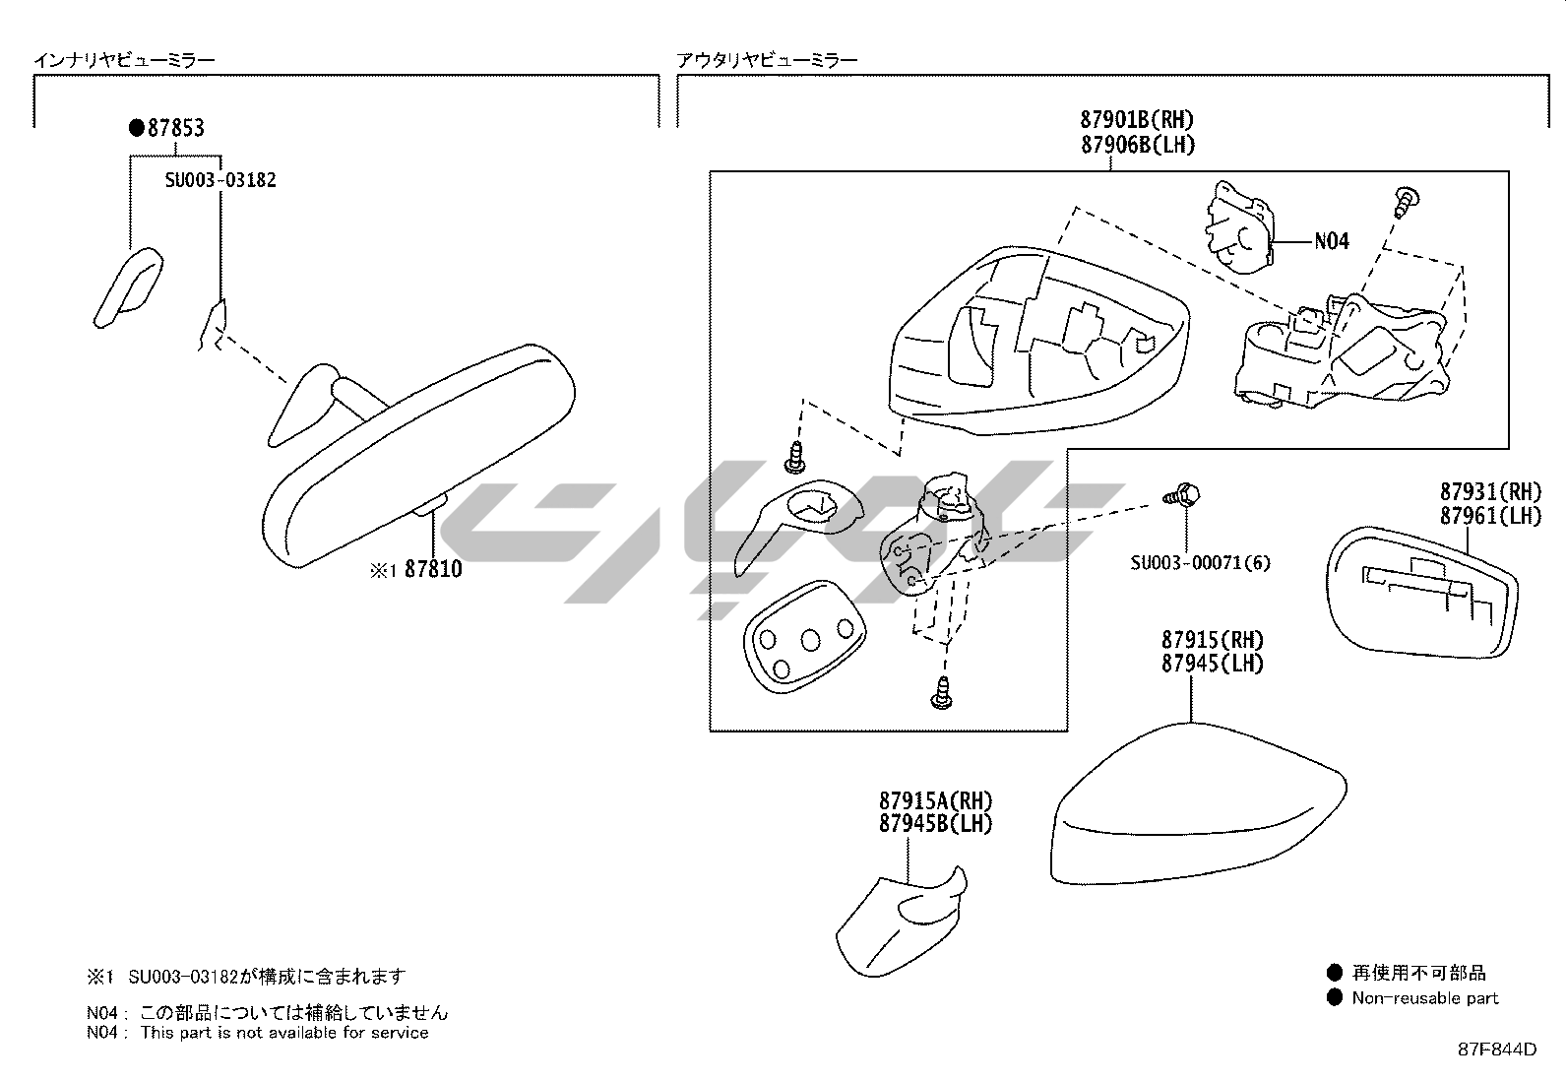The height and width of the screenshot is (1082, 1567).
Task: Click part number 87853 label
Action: coord(176,128)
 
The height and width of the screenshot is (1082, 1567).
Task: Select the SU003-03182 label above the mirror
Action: coord(220,180)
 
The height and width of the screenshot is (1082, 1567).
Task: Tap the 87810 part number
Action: coord(433,569)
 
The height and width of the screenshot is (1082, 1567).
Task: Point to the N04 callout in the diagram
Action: coord(1332,241)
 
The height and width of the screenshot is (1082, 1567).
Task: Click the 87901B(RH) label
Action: coord(1137,120)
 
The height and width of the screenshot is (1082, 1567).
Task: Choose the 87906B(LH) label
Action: coord(1137,145)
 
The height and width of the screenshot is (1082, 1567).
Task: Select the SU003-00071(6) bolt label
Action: coord(1200,563)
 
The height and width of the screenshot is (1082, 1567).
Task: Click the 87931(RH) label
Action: coord(1490,491)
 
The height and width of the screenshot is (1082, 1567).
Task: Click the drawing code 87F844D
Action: coord(1496,1049)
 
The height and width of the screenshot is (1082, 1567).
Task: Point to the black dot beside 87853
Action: coord(137,128)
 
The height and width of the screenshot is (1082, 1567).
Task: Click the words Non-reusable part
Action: coord(1424,998)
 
